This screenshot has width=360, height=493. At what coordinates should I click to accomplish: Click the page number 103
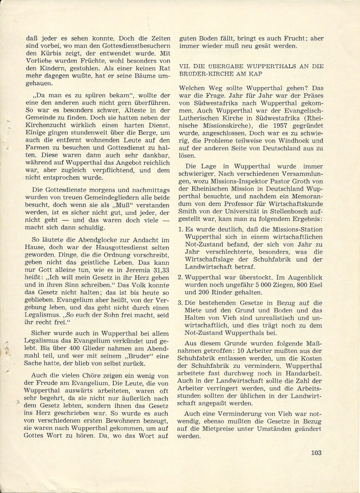click(316, 453)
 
